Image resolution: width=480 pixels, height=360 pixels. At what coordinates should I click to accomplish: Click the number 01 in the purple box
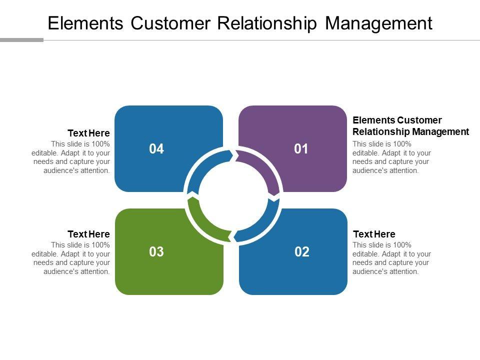301,149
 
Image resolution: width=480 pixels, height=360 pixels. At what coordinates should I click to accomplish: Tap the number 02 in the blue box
302,251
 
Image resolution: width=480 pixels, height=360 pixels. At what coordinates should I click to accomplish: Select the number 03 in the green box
156,251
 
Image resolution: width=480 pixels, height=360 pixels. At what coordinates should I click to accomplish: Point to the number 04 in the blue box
156,149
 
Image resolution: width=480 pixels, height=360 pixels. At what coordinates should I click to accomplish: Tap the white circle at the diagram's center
233,196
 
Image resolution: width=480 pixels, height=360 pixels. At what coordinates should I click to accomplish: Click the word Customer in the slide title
170,23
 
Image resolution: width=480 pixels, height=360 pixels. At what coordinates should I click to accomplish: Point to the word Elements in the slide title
85,23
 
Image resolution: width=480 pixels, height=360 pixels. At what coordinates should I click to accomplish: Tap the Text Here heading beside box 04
89,133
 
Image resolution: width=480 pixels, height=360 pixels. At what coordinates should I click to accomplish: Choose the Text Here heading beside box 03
89,234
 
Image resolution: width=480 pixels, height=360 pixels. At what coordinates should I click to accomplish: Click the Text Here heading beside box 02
374,234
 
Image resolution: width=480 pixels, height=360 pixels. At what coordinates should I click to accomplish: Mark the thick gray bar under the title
21,40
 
